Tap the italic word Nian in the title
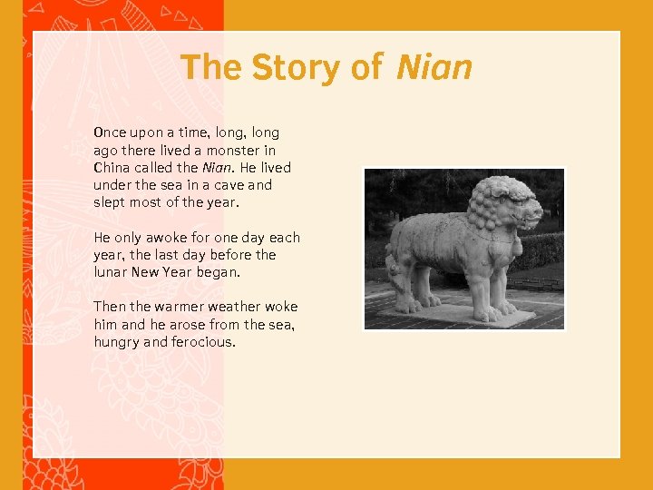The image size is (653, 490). [434, 67]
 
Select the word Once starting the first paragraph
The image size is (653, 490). [110, 132]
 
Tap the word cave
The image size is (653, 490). [222, 184]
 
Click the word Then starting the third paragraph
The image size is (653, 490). [109, 307]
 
